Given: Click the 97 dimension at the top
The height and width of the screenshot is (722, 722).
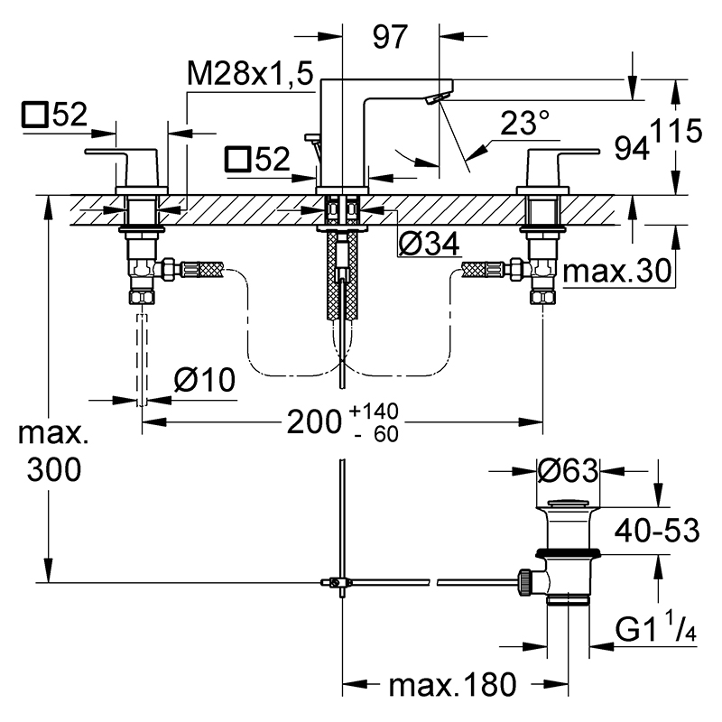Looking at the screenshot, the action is coord(390,37).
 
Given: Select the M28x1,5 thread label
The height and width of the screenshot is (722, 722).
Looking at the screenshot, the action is coord(250,74).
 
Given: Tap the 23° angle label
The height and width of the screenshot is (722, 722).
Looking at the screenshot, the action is coord(524,123).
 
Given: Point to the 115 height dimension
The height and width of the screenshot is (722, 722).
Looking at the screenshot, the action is coord(678,131).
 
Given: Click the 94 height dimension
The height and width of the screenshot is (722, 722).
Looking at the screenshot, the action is coord(632,148).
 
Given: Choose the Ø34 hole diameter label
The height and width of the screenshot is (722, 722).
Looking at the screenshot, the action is coord(428,244).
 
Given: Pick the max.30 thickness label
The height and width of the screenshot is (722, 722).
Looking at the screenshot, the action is coord(617,271).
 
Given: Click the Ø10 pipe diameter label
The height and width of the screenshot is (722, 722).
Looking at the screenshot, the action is coord(205,380).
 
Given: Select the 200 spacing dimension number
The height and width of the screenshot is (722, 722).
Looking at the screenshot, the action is coord(314,421).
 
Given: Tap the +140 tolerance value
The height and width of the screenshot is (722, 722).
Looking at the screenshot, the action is coord(374,412).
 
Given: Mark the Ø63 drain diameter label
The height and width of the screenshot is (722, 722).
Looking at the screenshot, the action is coord(568,470).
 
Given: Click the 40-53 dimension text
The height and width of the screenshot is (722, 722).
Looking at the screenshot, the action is coord(657,531).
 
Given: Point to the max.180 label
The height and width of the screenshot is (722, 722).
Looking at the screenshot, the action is coord(453,685).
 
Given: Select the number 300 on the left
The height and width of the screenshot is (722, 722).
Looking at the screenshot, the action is coord(54,470).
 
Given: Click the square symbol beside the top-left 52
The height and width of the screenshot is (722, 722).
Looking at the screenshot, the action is coord(35,116).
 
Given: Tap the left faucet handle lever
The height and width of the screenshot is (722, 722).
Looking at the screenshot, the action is coord(121,152).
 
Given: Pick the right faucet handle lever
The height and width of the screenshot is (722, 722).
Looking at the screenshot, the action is coord(564,152).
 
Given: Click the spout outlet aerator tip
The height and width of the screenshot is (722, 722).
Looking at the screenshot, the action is coord(438,98).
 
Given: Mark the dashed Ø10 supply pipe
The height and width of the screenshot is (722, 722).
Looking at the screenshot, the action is coord(143,360).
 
